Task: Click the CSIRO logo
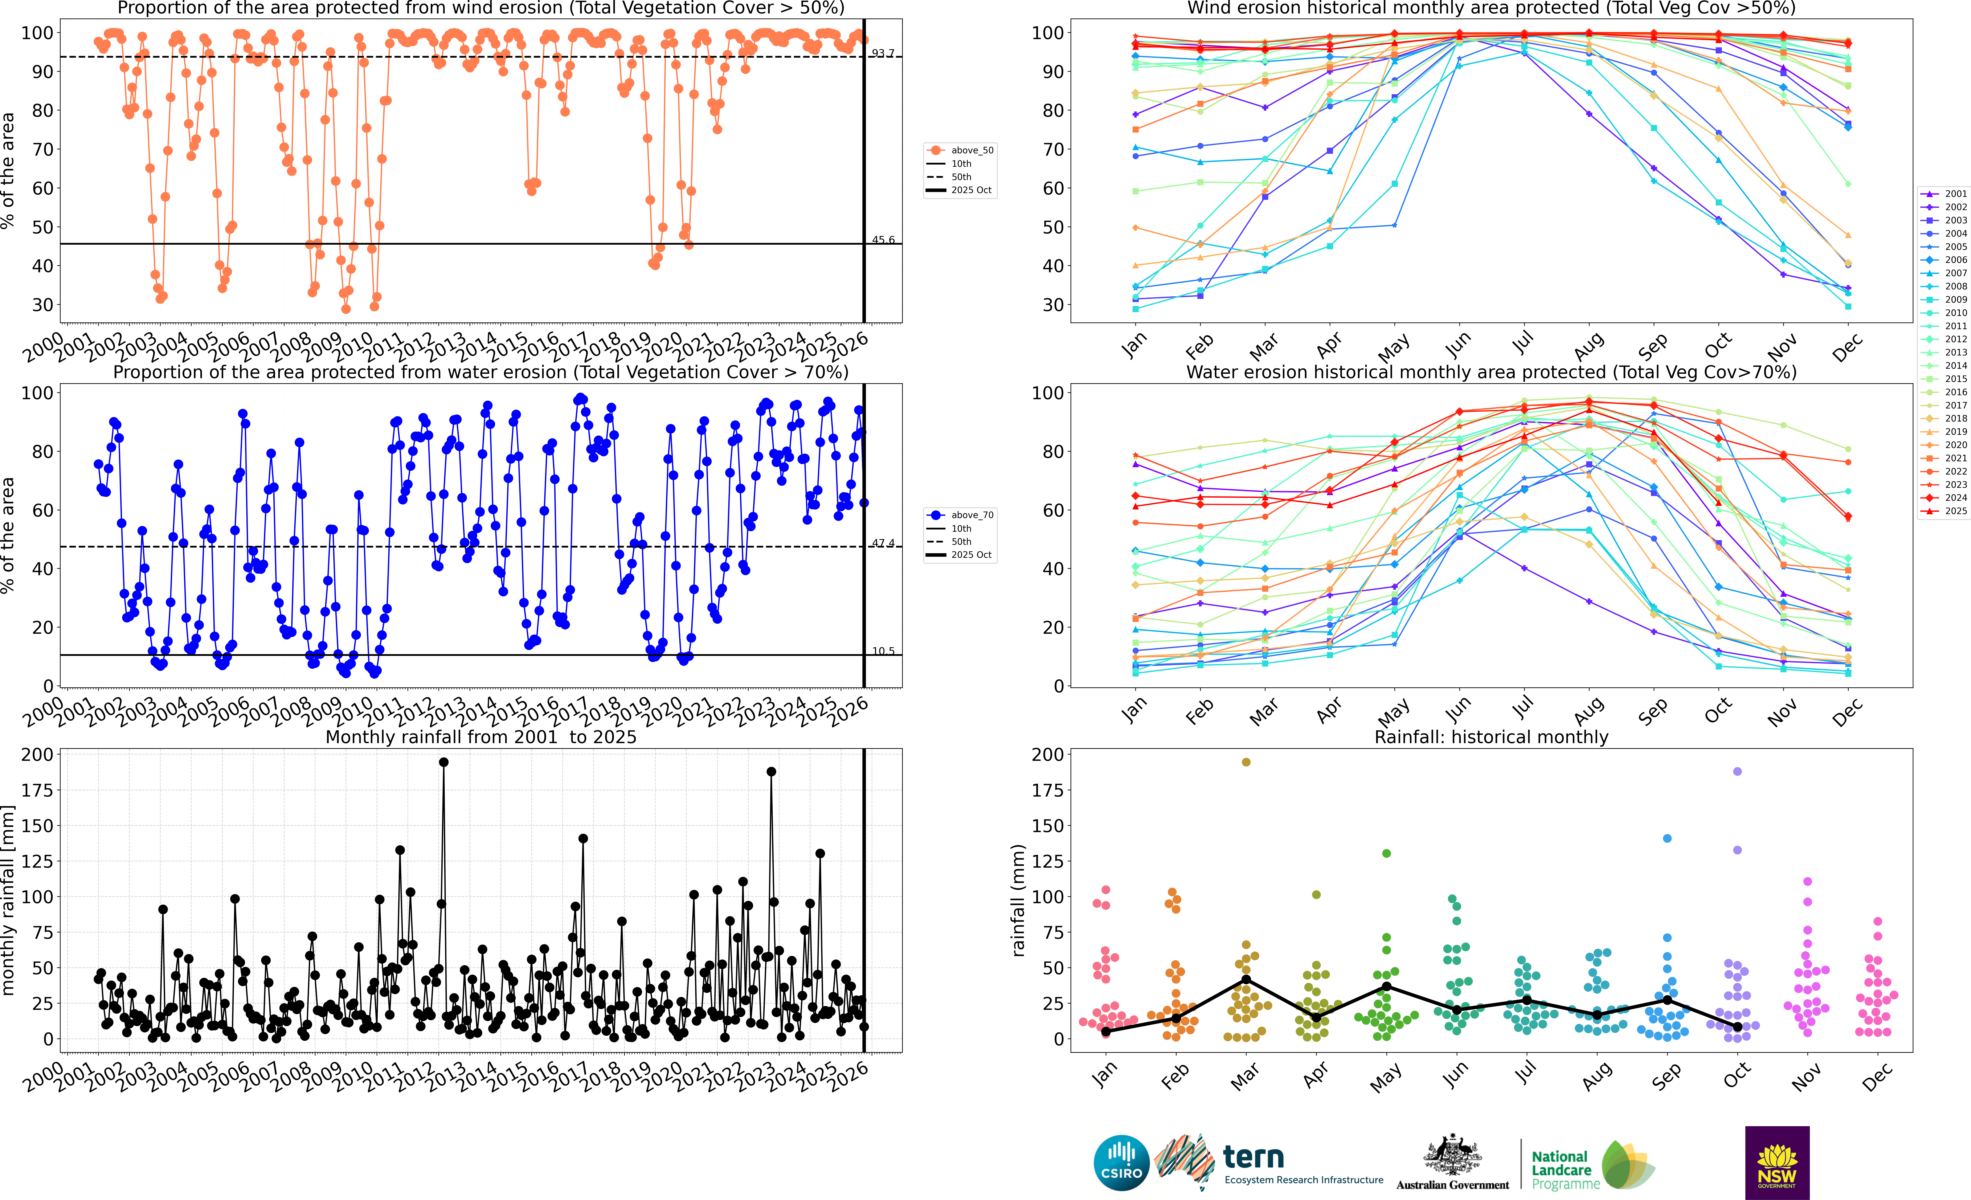tap(1121, 1162)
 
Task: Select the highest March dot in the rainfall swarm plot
tap(1246, 762)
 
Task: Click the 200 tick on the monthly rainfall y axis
tap(38, 754)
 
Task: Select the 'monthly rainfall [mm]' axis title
tap(9, 900)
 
